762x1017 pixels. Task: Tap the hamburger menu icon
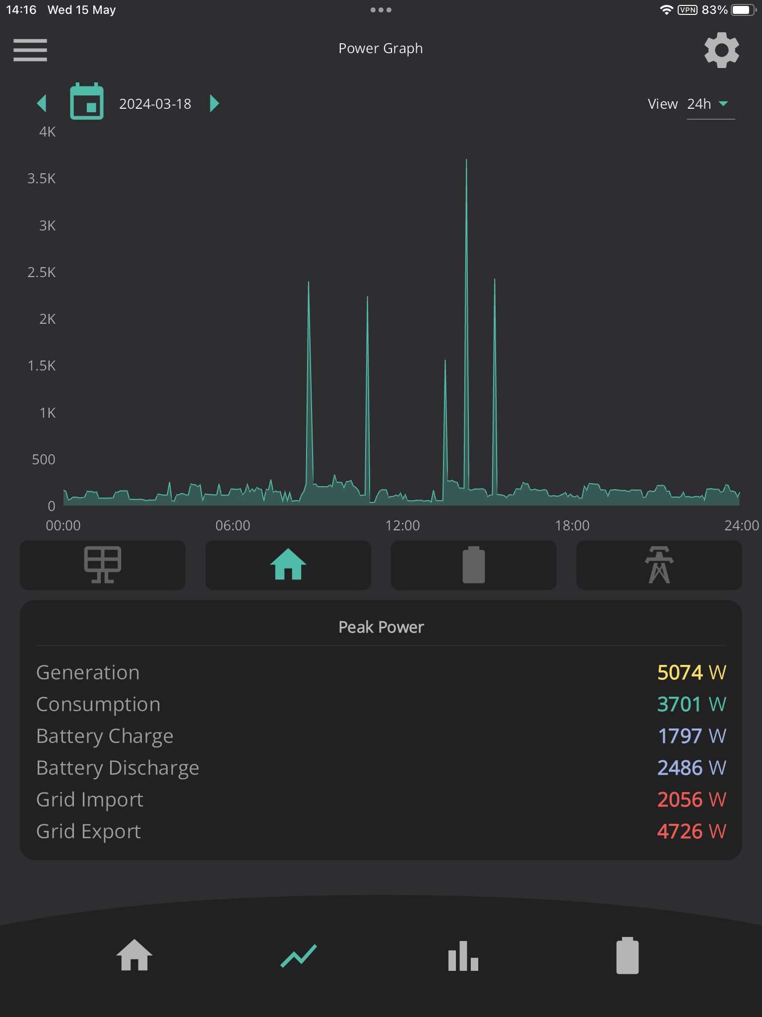[30, 50]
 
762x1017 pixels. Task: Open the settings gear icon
[722, 50]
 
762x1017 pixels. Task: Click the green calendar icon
[87, 101]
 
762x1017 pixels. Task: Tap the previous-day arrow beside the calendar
[42, 103]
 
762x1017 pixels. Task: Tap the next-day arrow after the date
[214, 103]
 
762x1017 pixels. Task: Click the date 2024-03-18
[155, 104]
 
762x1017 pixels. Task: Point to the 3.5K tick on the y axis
[42, 179]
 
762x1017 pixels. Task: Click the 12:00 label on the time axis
[402, 525]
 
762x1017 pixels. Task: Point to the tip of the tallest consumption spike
[466, 159]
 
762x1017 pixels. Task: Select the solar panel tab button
[103, 565]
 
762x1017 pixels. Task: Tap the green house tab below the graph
[288, 565]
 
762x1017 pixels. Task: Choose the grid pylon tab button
[659, 565]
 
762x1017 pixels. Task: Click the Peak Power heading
[381, 627]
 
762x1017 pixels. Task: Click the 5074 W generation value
[692, 673]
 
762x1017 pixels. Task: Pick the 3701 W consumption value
[692, 705]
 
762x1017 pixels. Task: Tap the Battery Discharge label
[118, 768]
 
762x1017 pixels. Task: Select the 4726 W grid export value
[692, 832]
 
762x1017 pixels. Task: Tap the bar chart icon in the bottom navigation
[463, 956]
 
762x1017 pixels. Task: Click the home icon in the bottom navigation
[134, 955]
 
